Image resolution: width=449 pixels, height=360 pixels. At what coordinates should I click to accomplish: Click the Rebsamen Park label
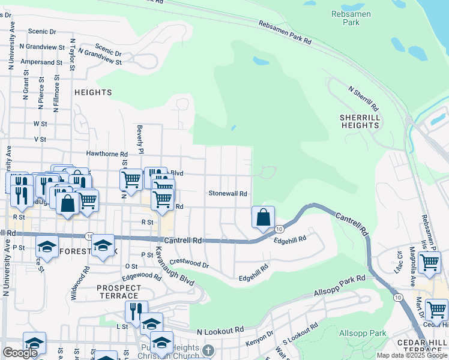351,18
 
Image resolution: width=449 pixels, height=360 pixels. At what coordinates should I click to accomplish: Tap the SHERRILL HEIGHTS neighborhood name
360,121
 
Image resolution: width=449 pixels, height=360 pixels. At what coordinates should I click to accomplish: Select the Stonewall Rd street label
228,194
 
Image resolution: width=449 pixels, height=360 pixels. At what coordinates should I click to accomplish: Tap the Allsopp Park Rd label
340,286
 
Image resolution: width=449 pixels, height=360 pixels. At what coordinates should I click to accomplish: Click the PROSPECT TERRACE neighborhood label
118,292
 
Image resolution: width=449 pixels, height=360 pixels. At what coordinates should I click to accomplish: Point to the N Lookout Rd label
220,331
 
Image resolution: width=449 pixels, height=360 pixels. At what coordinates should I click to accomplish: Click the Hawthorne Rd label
107,154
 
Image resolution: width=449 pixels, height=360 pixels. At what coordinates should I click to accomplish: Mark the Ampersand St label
41,62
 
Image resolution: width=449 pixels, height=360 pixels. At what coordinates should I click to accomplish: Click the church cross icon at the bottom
208,350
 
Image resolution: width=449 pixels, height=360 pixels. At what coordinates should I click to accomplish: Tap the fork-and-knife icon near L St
136,311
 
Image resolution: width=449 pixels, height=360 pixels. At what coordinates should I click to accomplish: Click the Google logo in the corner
20,353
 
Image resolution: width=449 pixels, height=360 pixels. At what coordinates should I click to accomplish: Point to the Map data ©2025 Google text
411,355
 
